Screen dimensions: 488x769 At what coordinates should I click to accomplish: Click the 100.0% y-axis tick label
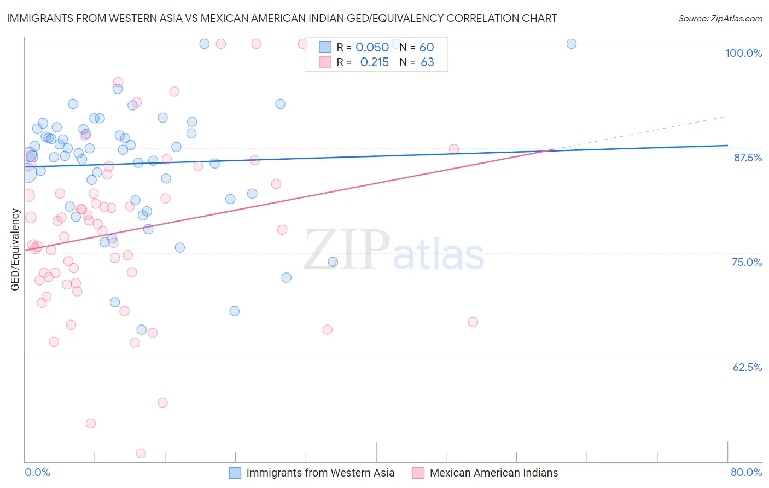click(x=743, y=53)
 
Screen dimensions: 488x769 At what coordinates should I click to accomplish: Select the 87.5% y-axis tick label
click(x=748, y=158)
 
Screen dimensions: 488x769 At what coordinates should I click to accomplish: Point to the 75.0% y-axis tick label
click(x=747, y=262)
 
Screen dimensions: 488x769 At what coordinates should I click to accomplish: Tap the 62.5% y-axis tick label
click(x=747, y=367)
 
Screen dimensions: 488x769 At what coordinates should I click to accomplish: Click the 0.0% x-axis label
click(x=37, y=472)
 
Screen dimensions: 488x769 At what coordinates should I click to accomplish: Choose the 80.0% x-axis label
click(x=746, y=472)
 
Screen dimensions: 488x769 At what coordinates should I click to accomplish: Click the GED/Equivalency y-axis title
click(x=15, y=249)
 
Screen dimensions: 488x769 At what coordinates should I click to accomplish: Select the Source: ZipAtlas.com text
click(x=720, y=18)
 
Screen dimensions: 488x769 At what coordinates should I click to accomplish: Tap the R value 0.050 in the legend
click(x=372, y=47)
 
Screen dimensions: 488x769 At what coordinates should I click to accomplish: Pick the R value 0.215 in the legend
click(x=374, y=62)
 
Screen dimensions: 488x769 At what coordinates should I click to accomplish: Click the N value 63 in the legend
click(x=427, y=62)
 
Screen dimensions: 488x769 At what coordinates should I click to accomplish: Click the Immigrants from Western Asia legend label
click(x=320, y=473)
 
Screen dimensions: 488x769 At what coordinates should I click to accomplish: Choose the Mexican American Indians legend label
click(x=494, y=473)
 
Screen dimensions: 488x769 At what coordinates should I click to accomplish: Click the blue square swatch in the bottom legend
click(x=235, y=473)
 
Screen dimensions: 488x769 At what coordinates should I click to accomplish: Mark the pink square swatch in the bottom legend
click(x=418, y=473)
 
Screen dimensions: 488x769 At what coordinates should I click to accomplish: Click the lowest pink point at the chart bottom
click(x=141, y=454)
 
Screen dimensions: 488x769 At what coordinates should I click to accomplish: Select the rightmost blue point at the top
click(x=572, y=44)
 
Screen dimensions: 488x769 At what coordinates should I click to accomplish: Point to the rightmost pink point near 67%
click(x=473, y=322)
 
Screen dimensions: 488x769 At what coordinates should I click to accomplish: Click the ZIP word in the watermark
click(x=347, y=250)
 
